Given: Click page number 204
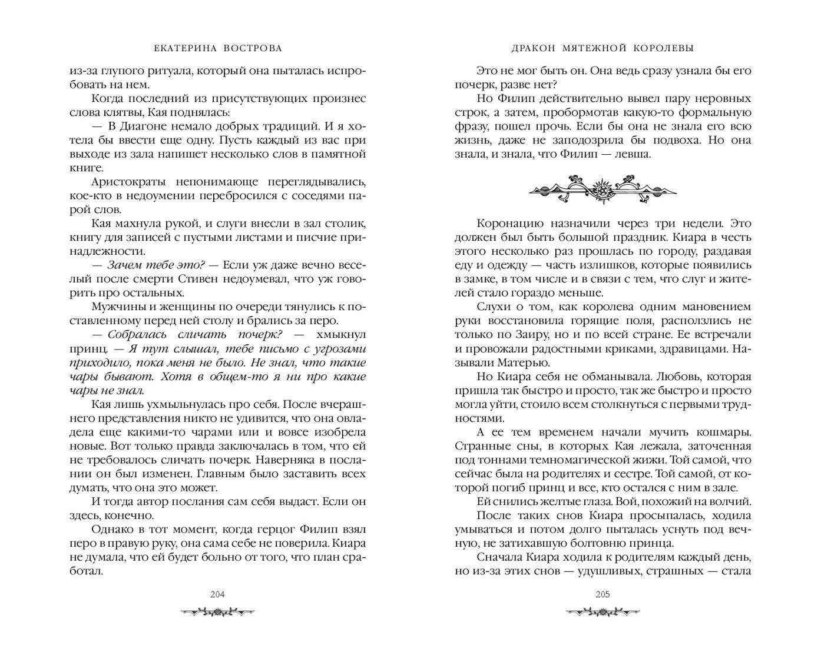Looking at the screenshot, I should pyautogui.click(x=217, y=594).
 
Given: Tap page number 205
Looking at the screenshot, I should pyautogui.click(x=602, y=594).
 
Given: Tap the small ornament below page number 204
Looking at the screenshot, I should pyautogui.click(x=217, y=613).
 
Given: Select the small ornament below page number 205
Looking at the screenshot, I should pyautogui.click(x=602, y=613).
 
